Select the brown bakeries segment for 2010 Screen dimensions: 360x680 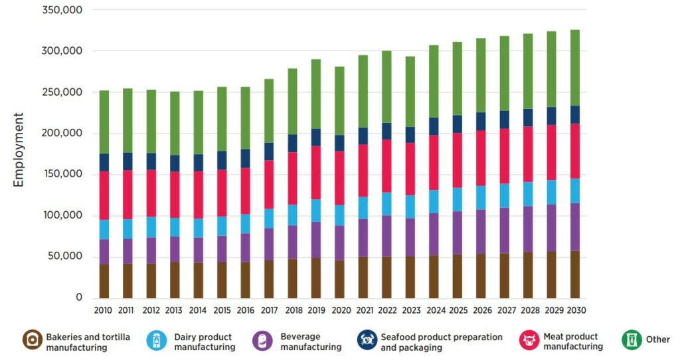coord(104,281)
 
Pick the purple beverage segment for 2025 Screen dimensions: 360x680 coord(458,232)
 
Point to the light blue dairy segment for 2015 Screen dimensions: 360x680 coord(222,226)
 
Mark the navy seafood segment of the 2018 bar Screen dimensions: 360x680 coord(292,143)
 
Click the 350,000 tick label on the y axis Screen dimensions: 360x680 coord(61,10)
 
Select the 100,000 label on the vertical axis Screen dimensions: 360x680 coord(61,215)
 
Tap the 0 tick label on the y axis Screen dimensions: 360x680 coord(78,298)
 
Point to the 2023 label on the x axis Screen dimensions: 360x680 coord(410,310)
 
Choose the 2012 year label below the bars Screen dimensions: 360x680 coord(151,310)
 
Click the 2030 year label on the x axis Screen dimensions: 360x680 coord(575,310)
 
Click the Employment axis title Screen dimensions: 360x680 coord(19,149)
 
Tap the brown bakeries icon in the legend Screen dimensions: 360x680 coord(32,341)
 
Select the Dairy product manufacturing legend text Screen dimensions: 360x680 coord(205,341)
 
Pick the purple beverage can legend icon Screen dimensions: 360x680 coord(263,341)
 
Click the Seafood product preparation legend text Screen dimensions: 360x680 coord(442,341)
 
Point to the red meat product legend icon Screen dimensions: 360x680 coord(529,341)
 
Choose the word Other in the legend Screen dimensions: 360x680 coord(658,339)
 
